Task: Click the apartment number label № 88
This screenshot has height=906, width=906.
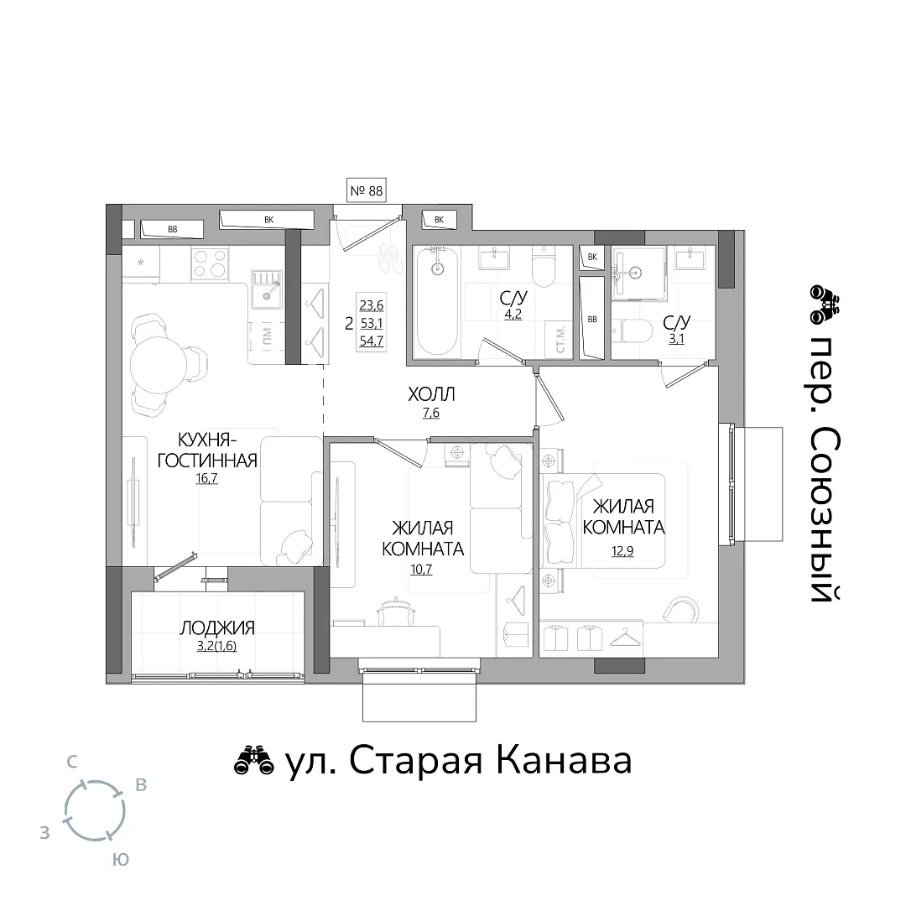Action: (x=367, y=190)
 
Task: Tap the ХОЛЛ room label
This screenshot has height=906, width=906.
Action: (x=431, y=394)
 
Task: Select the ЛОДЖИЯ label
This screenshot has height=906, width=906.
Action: (x=217, y=627)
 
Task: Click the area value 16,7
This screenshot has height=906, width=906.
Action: (x=207, y=478)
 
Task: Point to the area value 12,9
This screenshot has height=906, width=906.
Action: (x=622, y=550)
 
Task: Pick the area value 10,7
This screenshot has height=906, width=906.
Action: (x=421, y=569)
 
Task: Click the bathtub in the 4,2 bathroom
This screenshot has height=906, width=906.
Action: (x=437, y=302)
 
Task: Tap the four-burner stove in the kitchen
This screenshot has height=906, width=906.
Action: (x=210, y=263)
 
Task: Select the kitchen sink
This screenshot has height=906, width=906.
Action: (x=267, y=289)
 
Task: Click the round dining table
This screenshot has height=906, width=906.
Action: (x=157, y=365)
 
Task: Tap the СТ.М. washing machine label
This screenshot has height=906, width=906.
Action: (x=560, y=340)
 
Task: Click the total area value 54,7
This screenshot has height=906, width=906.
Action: (x=371, y=341)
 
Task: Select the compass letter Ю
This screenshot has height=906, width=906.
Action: (x=120, y=860)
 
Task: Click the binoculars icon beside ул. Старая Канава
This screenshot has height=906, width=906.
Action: (x=253, y=761)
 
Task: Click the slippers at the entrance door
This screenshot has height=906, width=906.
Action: (x=392, y=258)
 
